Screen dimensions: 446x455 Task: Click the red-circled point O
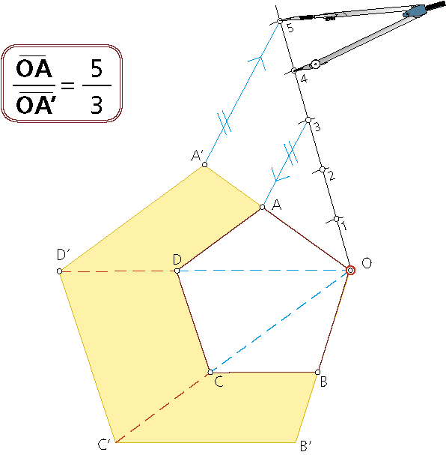[350, 270]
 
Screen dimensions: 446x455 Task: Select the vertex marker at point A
[263, 207]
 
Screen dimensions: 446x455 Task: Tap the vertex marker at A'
[205, 165]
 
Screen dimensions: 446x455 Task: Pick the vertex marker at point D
[177, 271]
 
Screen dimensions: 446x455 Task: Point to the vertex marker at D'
[59, 271]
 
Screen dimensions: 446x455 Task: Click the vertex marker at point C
[210, 373]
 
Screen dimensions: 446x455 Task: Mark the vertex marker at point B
[318, 373]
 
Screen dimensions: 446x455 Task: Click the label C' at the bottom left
[104, 445]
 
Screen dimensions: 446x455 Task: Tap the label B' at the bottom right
[306, 446]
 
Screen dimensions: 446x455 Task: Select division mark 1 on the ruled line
[337, 219]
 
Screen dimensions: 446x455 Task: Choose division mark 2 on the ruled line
[323, 169]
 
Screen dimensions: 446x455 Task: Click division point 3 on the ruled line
[308, 120]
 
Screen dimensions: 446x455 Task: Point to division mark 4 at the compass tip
[294, 70]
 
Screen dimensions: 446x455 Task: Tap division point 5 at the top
[280, 21]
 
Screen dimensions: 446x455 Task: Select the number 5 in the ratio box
[97, 68]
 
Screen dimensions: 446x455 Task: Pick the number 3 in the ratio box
[97, 105]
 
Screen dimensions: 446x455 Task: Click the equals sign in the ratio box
[68, 85]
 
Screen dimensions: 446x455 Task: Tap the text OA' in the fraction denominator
[34, 104]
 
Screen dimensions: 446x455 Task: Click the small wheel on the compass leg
[315, 64]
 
